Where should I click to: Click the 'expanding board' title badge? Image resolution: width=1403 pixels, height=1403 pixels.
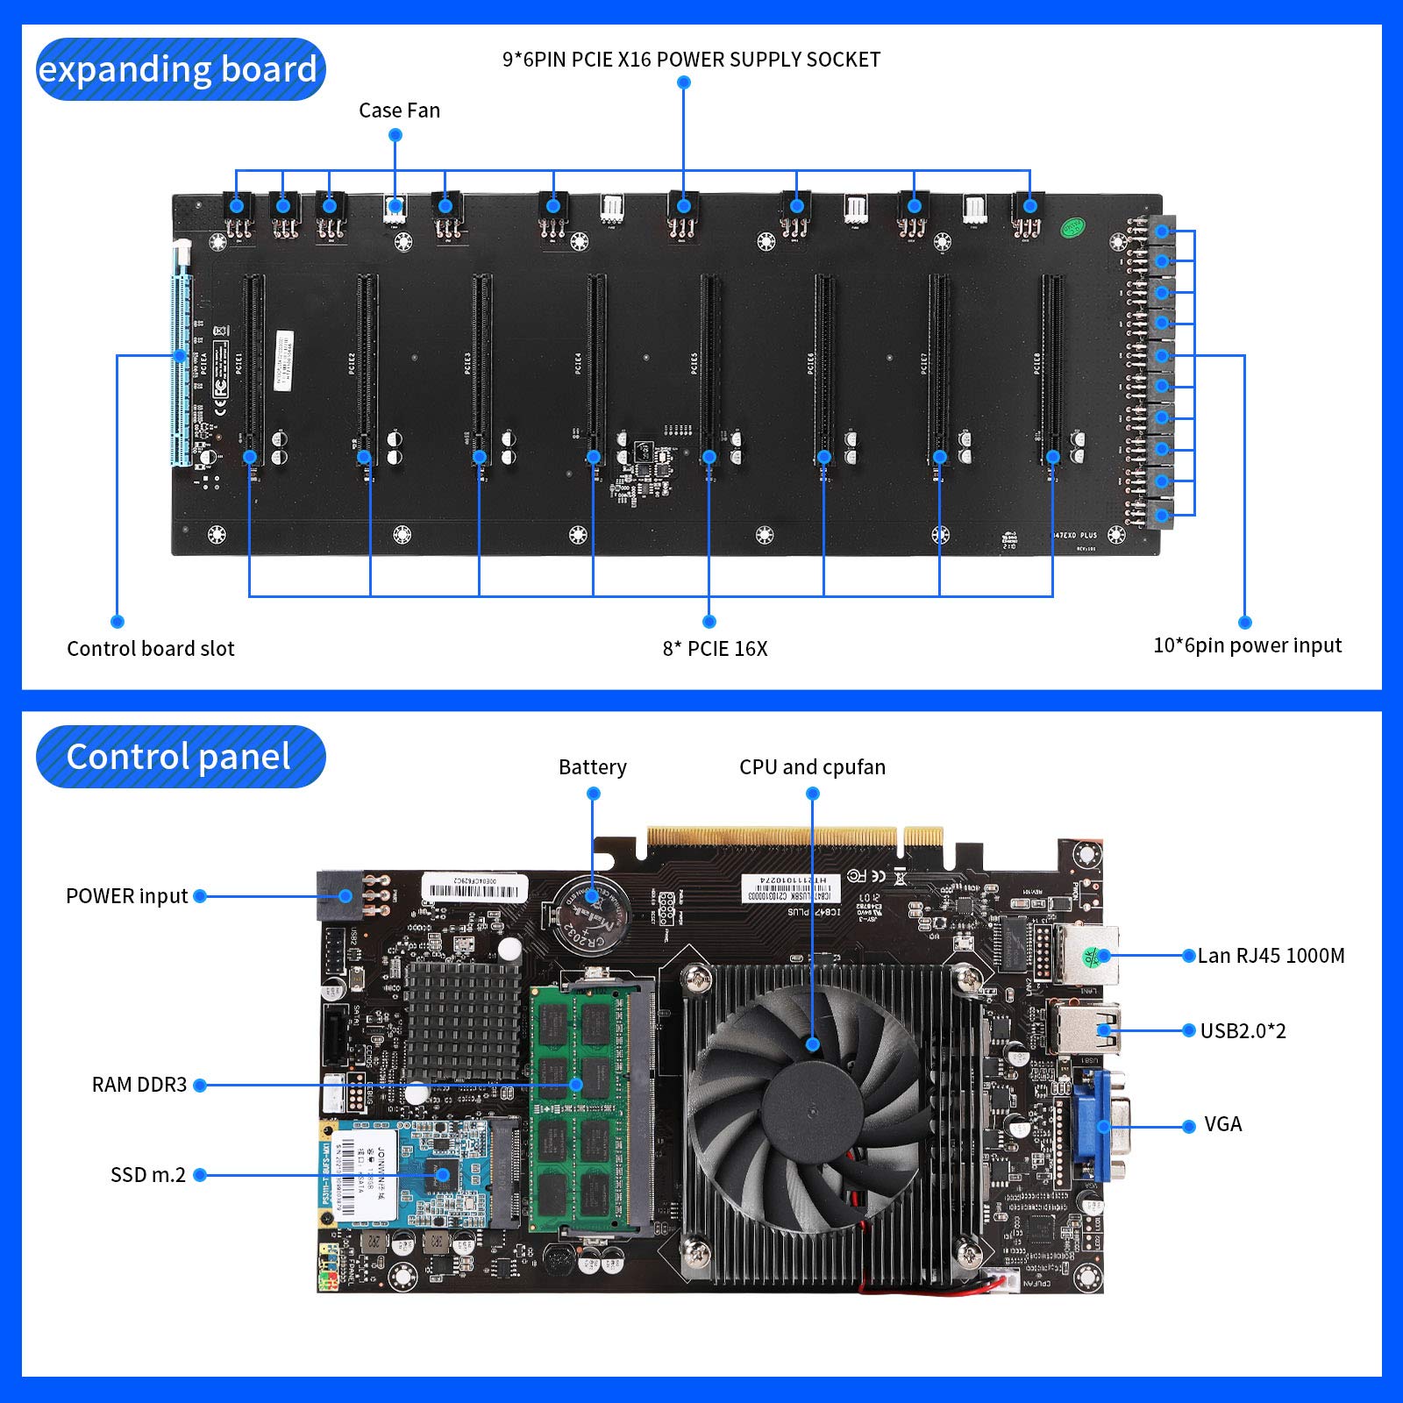(x=180, y=69)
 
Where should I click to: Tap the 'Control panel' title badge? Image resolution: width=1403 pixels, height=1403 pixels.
(x=180, y=757)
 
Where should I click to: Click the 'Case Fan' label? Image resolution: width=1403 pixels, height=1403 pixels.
(x=399, y=110)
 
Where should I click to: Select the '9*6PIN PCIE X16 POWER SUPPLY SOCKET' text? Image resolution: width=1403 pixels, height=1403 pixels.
(x=691, y=60)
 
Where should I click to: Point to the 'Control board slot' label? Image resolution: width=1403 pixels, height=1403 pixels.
(x=151, y=649)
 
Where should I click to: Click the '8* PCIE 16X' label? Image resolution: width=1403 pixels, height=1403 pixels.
(x=715, y=649)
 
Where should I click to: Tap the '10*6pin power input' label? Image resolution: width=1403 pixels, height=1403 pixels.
(x=1247, y=645)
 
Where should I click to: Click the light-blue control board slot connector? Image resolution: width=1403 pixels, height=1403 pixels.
(x=181, y=368)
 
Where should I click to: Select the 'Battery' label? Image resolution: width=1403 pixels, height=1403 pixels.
(x=593, y=767)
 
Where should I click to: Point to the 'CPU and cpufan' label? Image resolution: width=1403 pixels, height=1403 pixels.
(x=812, y=767)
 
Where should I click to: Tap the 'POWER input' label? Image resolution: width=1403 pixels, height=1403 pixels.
(x=127, y=896)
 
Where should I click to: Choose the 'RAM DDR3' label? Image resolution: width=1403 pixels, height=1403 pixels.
(x=139, y=1085)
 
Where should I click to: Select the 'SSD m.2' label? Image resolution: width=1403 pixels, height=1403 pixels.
(x=148, y=1175)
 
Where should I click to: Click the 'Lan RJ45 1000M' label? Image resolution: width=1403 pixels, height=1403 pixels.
(x=1271, y=956)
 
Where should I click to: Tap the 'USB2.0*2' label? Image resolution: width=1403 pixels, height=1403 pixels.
(x=1243, y=1031)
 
